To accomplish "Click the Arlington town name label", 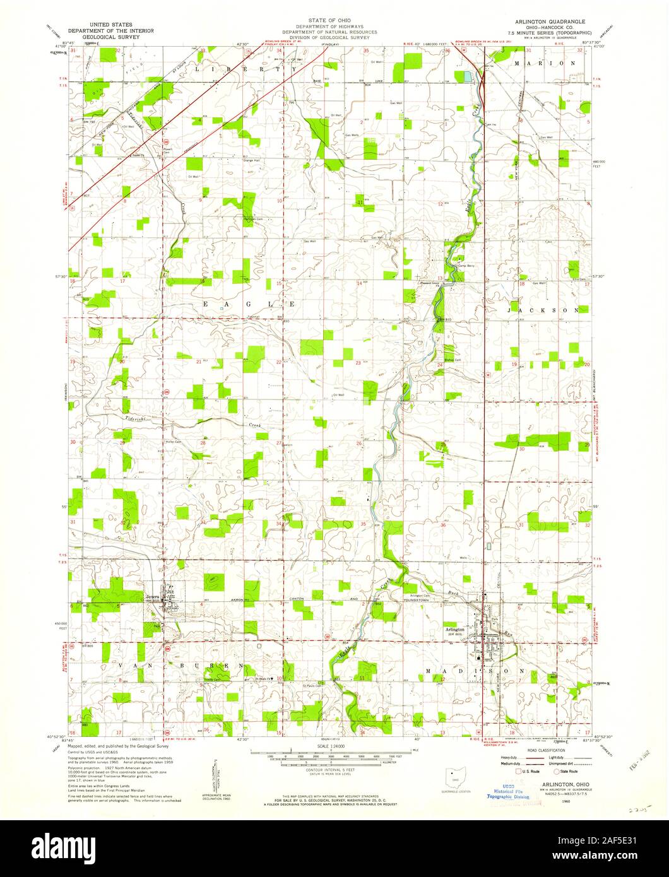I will pyautogui.click(x=454, y=630).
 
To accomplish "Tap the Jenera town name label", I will pyautogui.click(x=153, y=596).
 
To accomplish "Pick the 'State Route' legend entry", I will pyautogui.click(x=562, y=770).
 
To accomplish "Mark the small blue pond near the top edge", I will pyautogui.click(x=467, y=76).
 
